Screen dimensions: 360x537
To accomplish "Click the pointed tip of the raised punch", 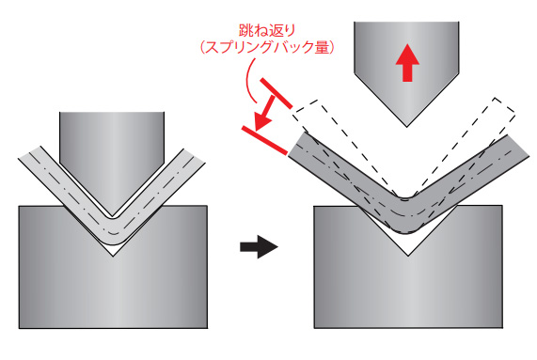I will [406, 124].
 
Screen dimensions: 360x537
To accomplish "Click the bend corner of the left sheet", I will [113, 235].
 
